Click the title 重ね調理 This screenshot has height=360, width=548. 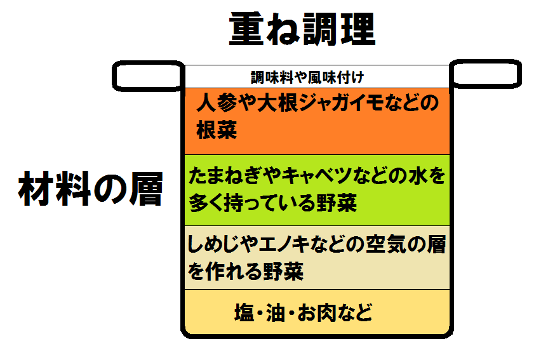[x=302, y=29]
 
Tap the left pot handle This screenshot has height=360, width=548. [x=149, y=75]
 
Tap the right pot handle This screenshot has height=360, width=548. [x=486, y=75]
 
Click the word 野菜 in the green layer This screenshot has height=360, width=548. [x=336, y=204]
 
